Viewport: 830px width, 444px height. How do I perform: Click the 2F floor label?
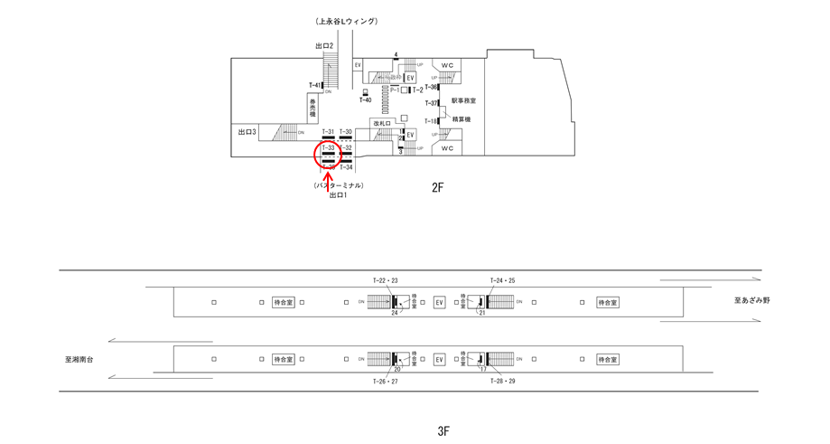tap(437, 188)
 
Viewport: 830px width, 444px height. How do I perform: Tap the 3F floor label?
tap(443, 431)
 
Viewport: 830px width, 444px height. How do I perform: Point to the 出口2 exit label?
tap(324, 46)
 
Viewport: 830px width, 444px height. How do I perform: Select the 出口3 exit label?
tap(247, 133)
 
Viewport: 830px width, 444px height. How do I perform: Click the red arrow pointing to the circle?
tap(328, 180)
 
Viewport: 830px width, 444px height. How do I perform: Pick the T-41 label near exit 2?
tap(314, 86)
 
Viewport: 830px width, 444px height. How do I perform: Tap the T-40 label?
tap(365, 100)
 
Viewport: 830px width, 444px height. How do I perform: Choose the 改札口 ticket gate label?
tap(381, 123)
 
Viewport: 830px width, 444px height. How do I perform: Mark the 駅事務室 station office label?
tap(463, 101)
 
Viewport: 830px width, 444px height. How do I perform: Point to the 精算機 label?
tap(461, 119)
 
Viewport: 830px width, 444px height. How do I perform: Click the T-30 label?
tap(346, 132)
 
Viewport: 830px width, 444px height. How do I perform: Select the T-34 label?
tap(346, 167)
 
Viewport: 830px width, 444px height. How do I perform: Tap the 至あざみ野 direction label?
tap(751, 300)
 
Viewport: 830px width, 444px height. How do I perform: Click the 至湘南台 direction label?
tap(79, 359)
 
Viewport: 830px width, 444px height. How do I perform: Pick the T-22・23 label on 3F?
tap(385, 281)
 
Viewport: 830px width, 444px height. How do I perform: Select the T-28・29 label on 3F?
tap(502, 381)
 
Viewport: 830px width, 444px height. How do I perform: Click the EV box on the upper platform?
tap(440, 303)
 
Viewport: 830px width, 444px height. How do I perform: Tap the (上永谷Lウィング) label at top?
tap(347, 21)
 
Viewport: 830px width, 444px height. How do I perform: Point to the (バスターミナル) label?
tap(339, 185)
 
